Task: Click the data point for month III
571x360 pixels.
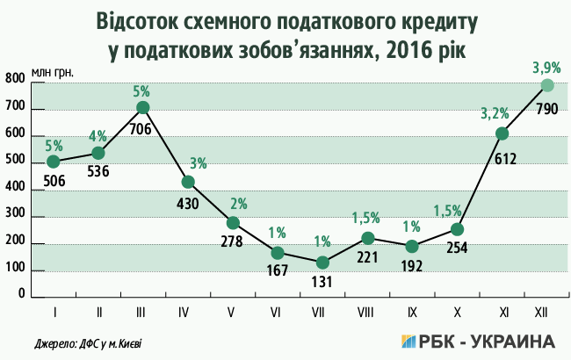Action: [143, 108]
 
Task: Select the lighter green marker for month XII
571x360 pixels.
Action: [547, 85]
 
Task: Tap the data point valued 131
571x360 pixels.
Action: [322, 263]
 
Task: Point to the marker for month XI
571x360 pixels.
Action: [502, 133]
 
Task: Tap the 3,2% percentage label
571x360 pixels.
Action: [495, 112]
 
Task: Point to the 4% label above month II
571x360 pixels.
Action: [98, 135]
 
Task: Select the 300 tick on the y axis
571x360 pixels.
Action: [15, 217]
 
